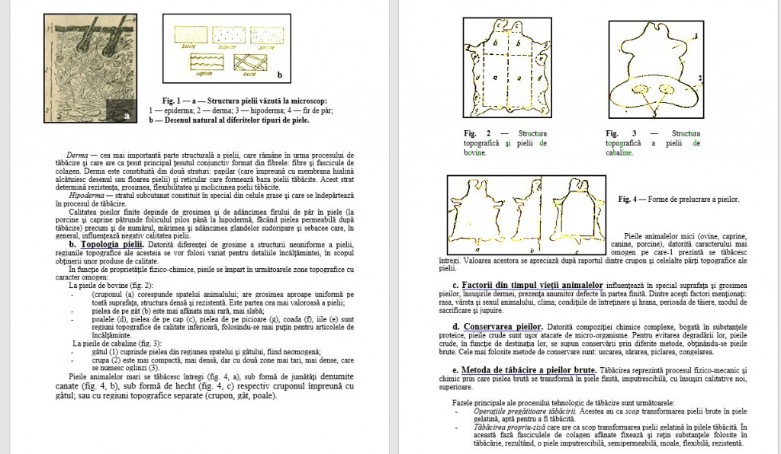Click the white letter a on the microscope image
126,115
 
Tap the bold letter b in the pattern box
279,75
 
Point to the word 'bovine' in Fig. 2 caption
477,152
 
